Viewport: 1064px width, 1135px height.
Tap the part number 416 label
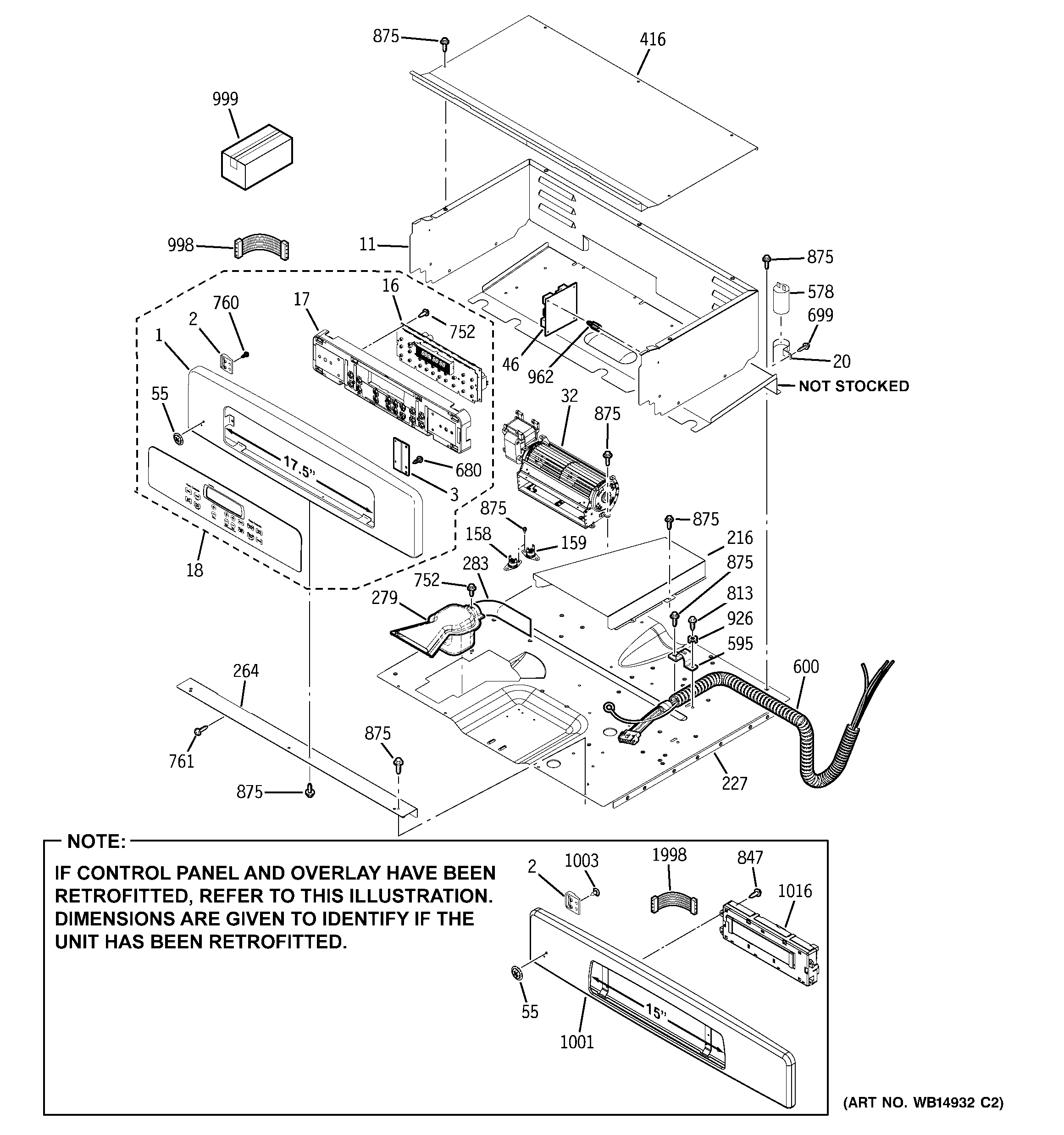point(652,39)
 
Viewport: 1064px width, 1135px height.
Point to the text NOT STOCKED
point(853,387)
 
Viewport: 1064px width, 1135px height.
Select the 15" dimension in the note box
point(656,1013)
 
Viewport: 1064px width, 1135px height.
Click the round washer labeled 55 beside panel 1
point(177,438)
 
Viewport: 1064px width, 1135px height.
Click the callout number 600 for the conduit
point(806,666)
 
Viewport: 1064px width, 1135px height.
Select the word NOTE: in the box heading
point(96,842)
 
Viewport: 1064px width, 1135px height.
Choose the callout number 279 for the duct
point(384,598)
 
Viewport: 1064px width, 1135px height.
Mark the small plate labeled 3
point(401,455)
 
